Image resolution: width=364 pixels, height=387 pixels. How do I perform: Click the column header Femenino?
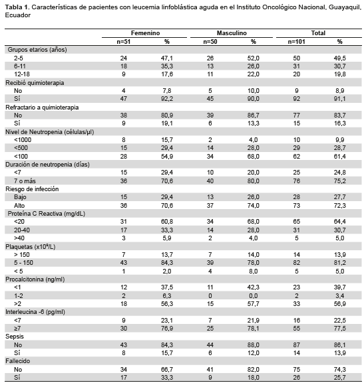[145, 33]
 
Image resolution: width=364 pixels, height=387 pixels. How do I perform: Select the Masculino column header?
[232, 33]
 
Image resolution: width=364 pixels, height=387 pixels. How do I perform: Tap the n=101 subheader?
[296, 42]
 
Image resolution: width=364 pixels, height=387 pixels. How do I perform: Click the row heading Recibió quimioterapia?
[35, 83]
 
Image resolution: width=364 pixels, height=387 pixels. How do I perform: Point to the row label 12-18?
[22, 74]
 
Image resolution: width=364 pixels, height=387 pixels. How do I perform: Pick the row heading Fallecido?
[18, 361]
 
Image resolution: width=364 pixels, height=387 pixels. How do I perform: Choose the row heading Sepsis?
[15, 337]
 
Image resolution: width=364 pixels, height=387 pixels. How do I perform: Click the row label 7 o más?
[25, 181]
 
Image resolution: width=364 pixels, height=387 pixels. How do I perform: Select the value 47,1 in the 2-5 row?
[167, 58]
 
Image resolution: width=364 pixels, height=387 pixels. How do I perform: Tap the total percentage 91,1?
[340, 99]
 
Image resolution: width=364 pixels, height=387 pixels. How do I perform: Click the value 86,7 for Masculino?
[254, 116]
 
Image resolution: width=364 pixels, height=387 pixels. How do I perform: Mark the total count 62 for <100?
[296, 157]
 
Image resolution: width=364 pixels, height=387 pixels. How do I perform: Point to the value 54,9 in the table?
[167, 157]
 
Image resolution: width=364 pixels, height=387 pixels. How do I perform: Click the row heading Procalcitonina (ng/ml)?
[35, 279]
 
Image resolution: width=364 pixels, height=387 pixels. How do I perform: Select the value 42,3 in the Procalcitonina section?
[254, 287]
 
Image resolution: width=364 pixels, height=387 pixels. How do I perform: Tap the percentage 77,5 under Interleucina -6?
[340, 329]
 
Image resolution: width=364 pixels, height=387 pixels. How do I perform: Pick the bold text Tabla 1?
[17, 7]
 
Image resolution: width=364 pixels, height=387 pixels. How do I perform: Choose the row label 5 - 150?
[23, 263]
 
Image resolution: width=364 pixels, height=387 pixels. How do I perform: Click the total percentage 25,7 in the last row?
[340, 378]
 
